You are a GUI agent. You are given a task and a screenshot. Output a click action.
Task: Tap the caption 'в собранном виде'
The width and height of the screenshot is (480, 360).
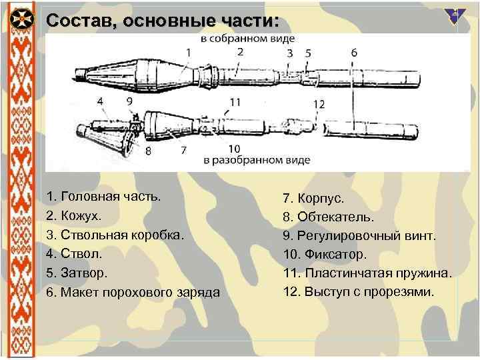coord(249,39)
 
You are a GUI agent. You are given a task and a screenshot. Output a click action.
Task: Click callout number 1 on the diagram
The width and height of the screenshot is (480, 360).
coord(189,52)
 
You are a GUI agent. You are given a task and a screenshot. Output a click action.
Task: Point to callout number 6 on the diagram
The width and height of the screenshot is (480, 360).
coord(353,52)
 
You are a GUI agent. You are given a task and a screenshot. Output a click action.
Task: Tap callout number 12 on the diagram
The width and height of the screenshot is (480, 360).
coord(319,103)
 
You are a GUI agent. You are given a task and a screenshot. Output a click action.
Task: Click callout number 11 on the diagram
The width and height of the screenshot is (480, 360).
coord(234,102)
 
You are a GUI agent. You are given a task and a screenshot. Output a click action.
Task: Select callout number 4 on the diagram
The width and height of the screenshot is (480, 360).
coord(100,101)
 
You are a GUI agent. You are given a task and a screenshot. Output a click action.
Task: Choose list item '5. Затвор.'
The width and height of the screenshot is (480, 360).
coord(77,273)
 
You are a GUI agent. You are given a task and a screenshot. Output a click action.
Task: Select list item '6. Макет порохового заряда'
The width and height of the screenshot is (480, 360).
coord(133,292)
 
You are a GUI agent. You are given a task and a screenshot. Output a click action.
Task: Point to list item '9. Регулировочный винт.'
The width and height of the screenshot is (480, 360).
coord(360,235)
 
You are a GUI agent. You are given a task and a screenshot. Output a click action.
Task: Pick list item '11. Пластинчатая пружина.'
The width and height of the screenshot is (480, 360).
coord(367,273)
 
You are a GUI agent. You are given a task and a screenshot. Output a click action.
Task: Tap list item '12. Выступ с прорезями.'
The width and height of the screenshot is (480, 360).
coord(358,292)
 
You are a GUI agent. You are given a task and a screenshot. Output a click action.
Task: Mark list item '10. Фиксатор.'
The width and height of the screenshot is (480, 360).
coord(325,254)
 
